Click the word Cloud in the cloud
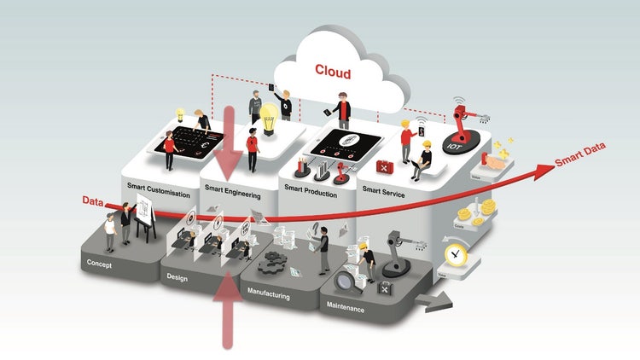pos(334,70)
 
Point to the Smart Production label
pos(311,193)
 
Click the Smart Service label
pos(381,194)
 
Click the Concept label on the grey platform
pos(100,264)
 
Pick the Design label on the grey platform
pos(177,277)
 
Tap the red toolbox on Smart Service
pos(384,163)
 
